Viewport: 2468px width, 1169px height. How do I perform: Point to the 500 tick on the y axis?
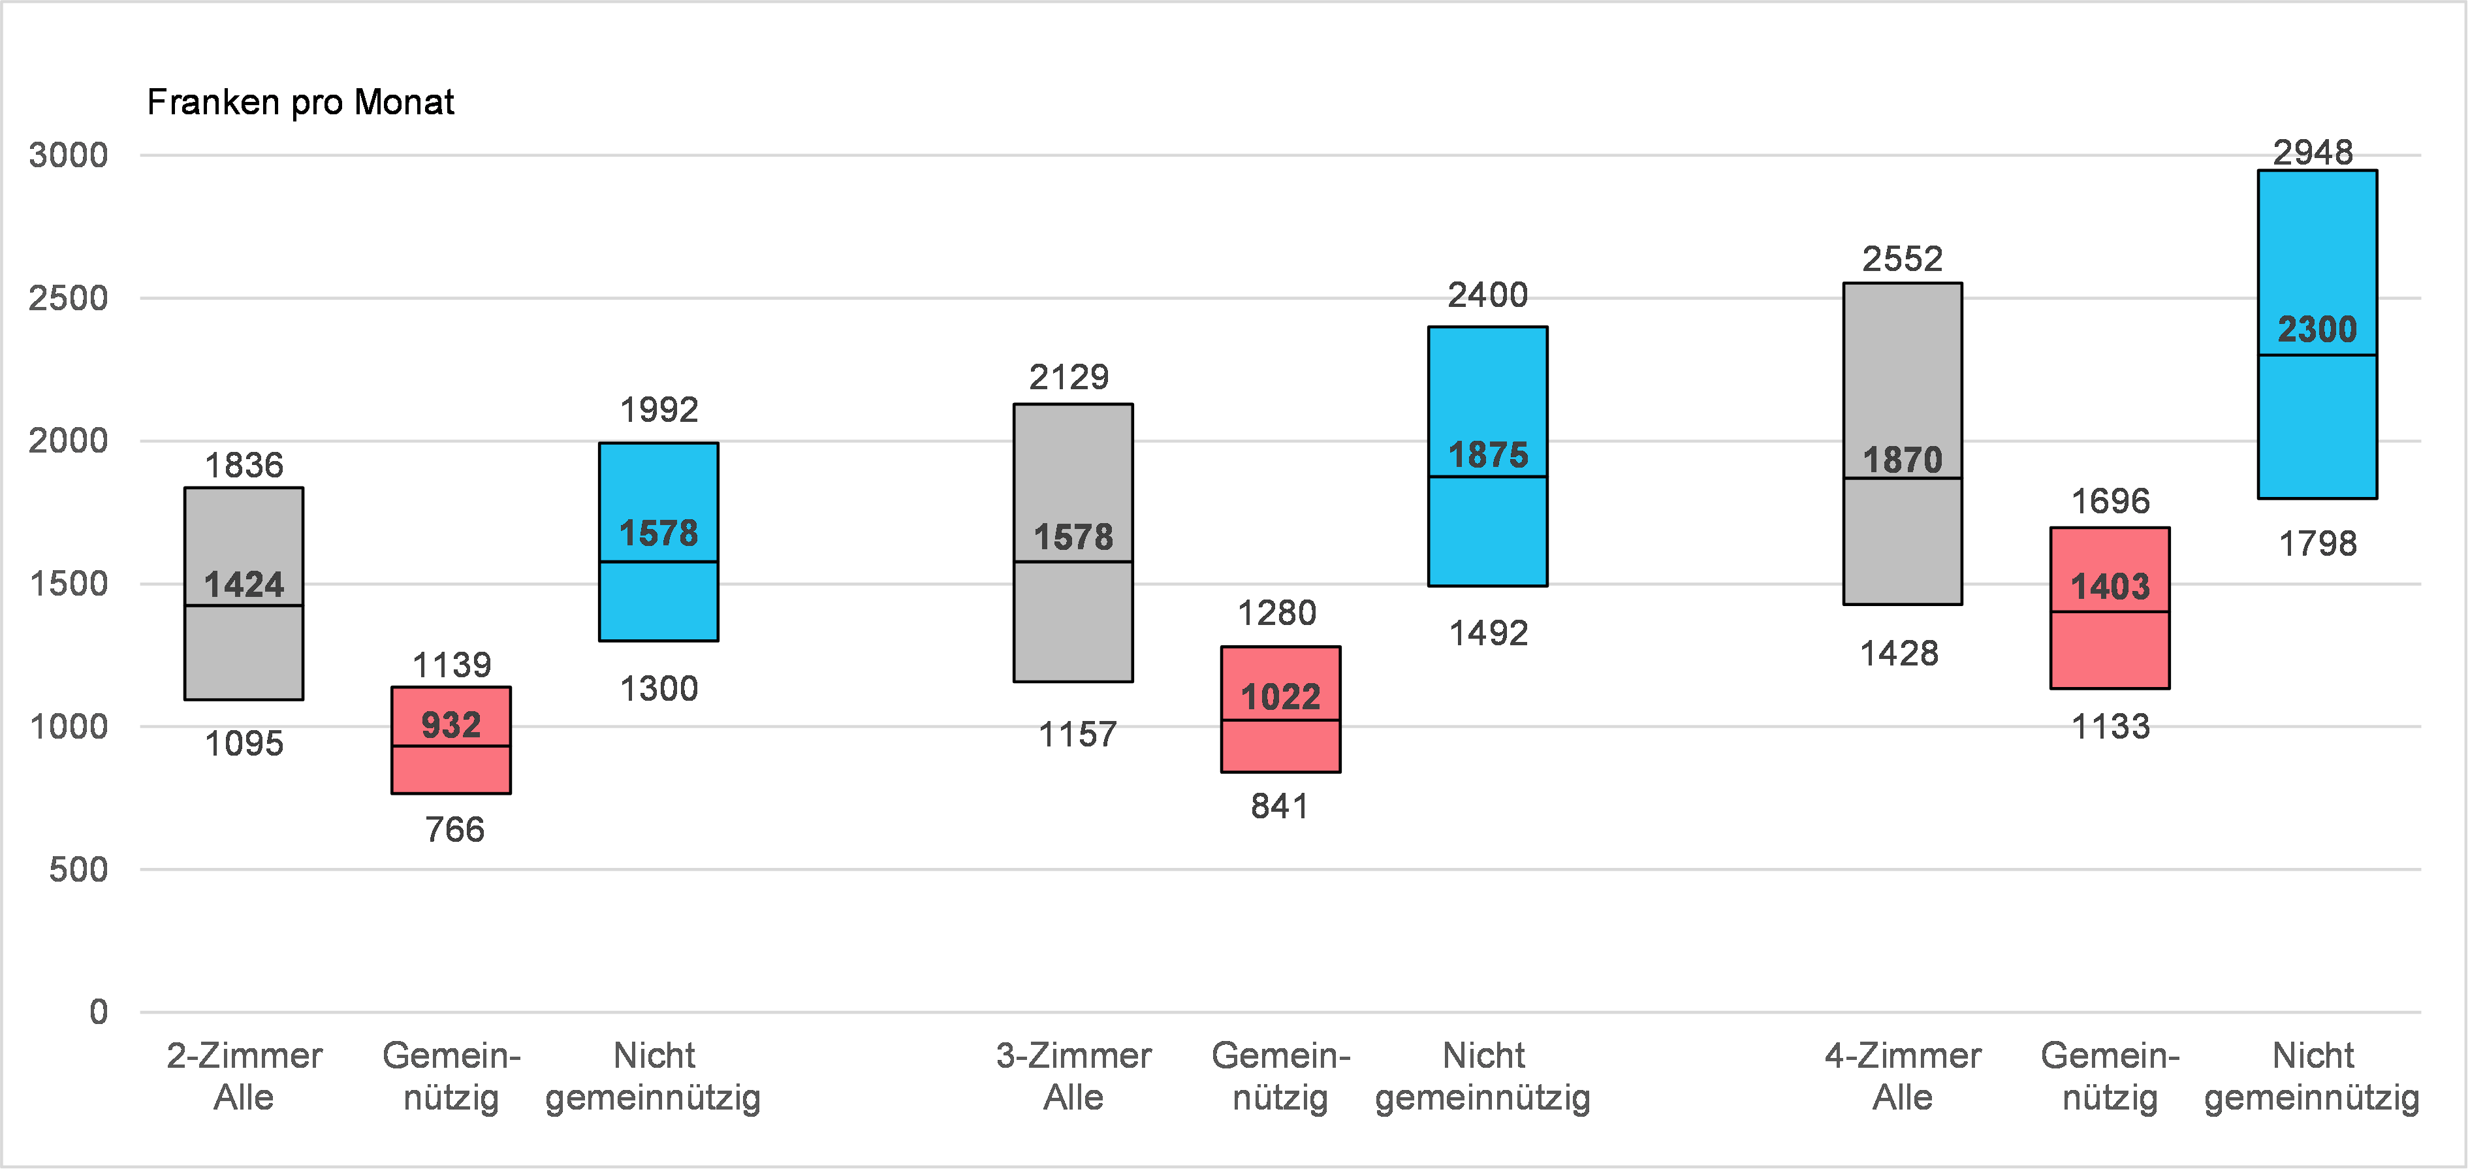coord(78,869)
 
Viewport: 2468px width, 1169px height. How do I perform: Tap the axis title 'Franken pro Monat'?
coord(301,102)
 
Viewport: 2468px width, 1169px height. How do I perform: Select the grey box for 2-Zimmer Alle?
coord(244,594)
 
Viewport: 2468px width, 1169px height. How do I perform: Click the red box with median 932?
coord(451,740)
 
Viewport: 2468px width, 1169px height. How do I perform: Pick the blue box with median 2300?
coord(2318,334)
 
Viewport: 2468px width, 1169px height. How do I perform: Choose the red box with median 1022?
coord(1281,709)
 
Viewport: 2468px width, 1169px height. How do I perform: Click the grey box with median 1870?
coord(1903,443)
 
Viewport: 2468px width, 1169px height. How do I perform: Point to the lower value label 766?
coord(455,830)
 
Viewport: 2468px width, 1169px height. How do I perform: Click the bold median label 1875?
coord(1488,455)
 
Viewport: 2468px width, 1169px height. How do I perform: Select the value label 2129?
coord(1069,377)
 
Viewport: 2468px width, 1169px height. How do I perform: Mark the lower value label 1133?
coord(2111,726)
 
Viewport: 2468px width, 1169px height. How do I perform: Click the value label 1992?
coord(659,410)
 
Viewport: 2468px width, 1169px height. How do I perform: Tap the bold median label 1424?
coord(244,584)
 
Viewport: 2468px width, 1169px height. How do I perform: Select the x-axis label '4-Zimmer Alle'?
coord(1903,1076)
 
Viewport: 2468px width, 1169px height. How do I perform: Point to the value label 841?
coord(1280,807)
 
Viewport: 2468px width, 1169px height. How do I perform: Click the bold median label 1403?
coord(2111,586)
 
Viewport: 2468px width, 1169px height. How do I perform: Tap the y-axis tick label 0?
coord(99,1012)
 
